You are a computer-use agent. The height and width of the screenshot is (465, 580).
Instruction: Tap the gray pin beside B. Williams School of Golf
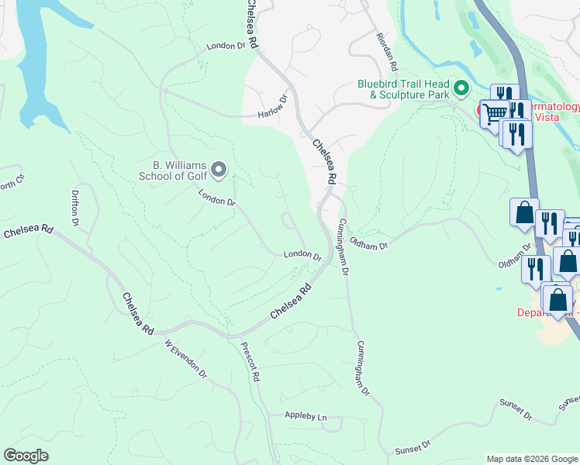pyautogui.click(x=219, y=169)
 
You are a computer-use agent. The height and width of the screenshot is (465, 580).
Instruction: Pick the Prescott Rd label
pyautogui.click(x=250, y=362)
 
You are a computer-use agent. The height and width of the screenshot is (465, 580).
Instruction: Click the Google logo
pyautogui.click(x=26, y=456)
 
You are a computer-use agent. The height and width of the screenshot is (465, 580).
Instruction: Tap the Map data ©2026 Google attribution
pyautogui.click(x=532, y=459)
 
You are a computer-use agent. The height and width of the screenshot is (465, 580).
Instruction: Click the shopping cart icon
pyautogui.click(x=495, y=115)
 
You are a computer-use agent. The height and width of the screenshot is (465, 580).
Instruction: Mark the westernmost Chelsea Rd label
pyautogui.click(x=28, y=232)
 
